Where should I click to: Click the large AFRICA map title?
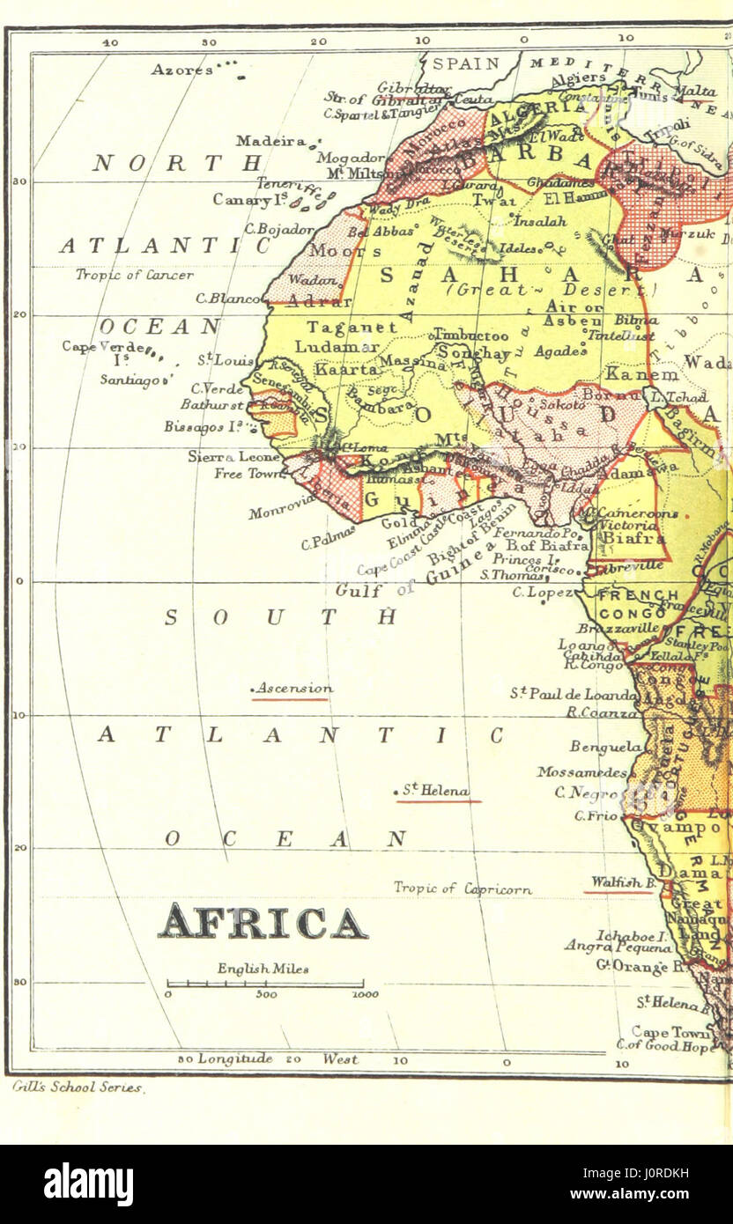click(263, 922)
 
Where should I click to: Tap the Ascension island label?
click(292, 689)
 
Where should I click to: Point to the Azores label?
click(181, 69)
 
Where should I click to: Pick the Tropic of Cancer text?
click(134, 275)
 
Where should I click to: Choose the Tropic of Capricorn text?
click(463, 889)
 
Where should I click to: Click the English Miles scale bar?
click(265, 984)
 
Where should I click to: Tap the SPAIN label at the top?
click(464, 63)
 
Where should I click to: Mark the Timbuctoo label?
click(471, 335)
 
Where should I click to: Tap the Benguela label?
click(605, 747)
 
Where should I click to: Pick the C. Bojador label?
click(267, 229)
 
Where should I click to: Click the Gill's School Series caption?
click(78, 1088)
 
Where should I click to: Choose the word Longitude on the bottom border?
click(234, 1059)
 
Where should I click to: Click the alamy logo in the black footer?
click(88, 1184)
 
